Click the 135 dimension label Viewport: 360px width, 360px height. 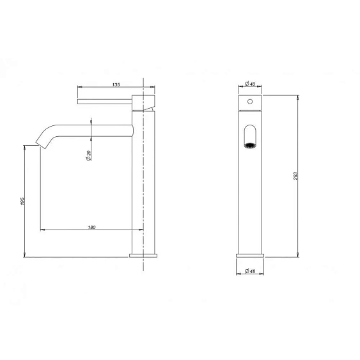click(x=116, y=84)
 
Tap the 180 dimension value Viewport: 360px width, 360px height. click(x=91, y=227)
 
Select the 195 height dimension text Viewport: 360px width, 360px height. click(x=22, y=201)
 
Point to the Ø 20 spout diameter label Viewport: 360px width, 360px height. click(x=89, y=155)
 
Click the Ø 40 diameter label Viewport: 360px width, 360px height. click(x=250, y=84)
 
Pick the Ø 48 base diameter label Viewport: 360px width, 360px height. click(x=250, y=271)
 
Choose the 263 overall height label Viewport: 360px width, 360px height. click(x=295, y=176)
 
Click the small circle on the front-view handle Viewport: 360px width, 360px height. click(x=250, y=101)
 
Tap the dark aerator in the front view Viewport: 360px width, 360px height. click(x=250, y=145)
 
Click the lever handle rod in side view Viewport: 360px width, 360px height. click(x=105, y=102)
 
